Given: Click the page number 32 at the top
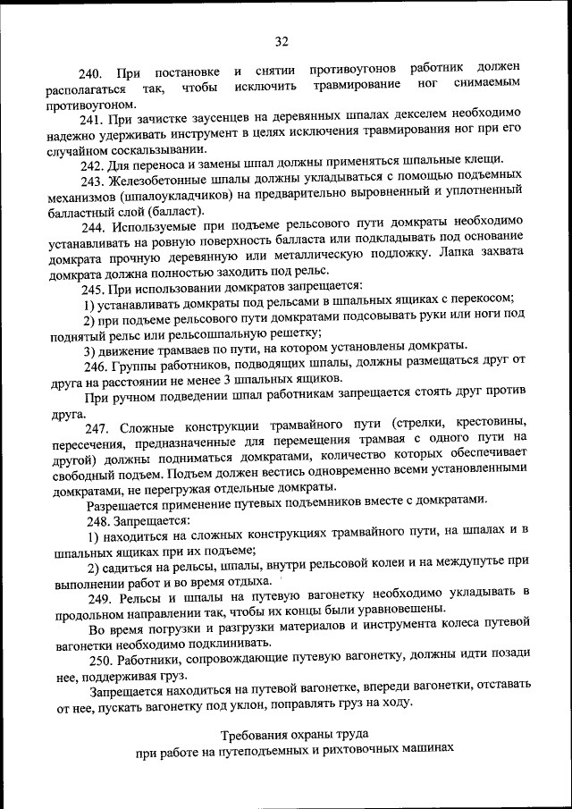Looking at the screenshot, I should pyautogui.click(x=282, y=41).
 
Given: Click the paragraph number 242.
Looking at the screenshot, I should pyautogui.click(x=93, y=165).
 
